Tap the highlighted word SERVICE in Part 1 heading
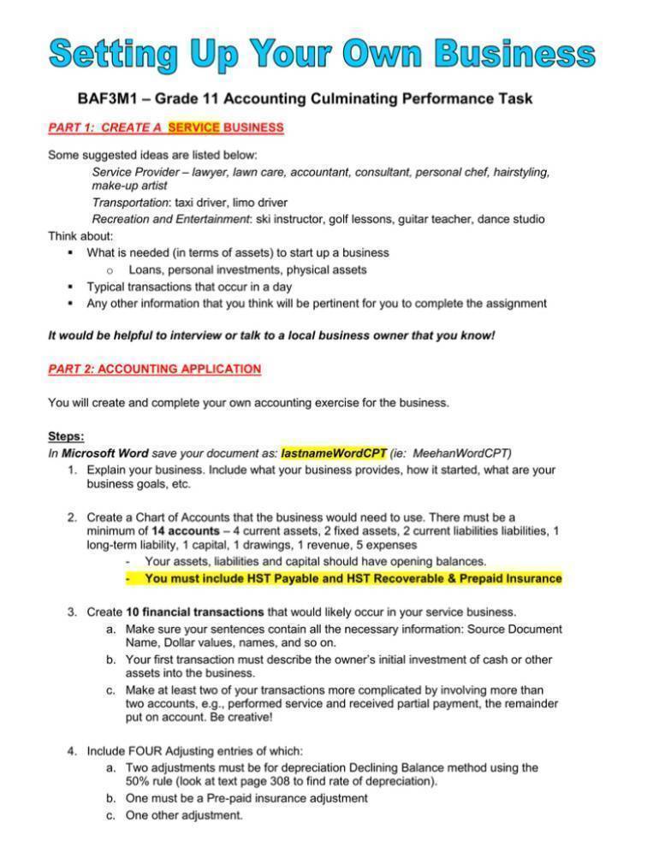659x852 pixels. (x=194, y=128)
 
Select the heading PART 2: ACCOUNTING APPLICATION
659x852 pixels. (x=154, y=369)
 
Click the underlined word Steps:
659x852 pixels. (x=66, y=435)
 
